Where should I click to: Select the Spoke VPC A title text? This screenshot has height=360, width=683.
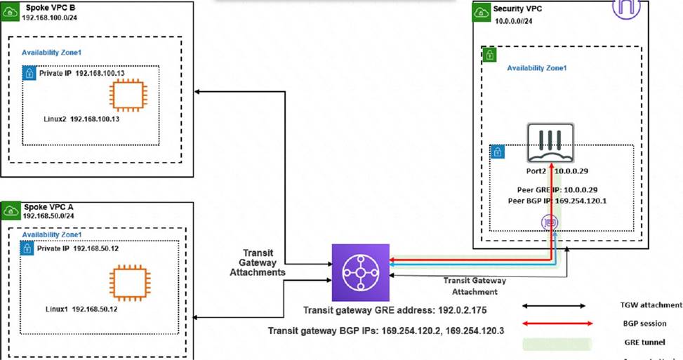(x=49, y=208)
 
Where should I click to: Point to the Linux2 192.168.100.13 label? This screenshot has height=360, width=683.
(x=82, y=119)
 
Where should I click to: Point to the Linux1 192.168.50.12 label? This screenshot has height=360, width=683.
(x=81, y=309)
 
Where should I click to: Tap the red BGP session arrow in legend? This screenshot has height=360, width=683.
(x=554, y=324)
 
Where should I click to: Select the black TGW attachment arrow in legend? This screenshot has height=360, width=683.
(x=554, y=305)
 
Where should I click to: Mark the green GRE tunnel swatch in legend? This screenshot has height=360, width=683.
(x=554, y=343)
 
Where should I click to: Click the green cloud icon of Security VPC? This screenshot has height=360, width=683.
(x=481, y=12)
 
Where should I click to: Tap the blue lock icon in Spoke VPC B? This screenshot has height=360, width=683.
(x=29, y=73)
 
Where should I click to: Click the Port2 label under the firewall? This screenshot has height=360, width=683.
(x=537, y=171)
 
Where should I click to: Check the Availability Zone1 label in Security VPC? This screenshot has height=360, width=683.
(x=536, y=68)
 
